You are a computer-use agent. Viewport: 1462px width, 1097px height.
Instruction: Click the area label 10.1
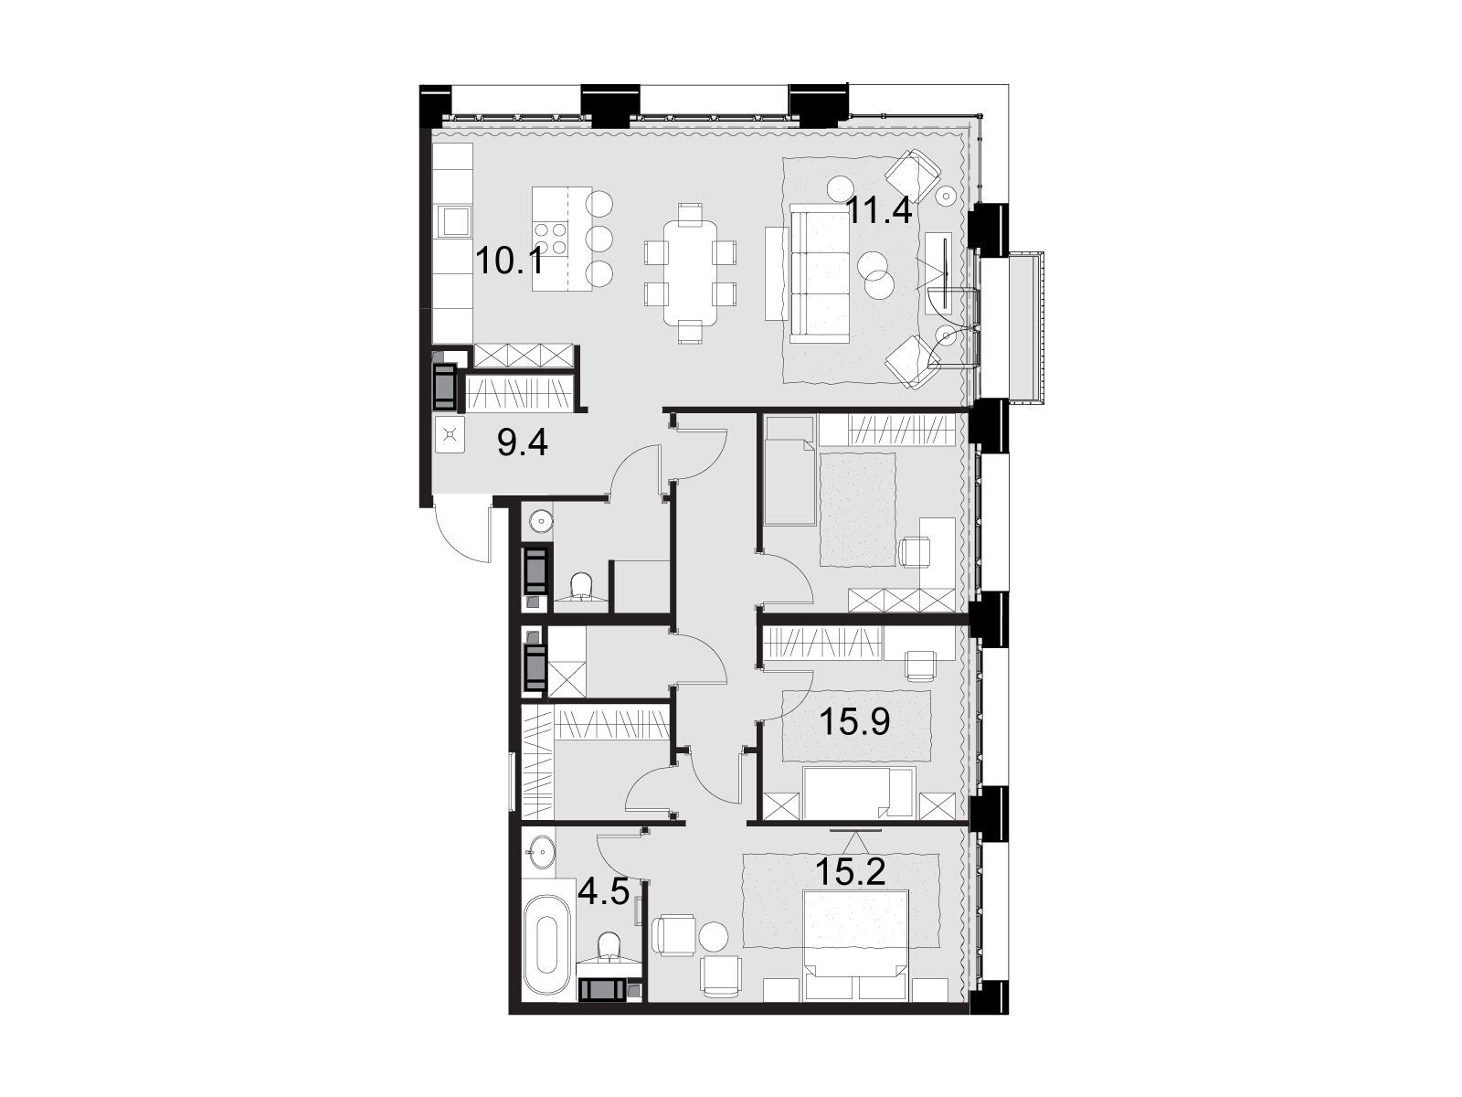510,261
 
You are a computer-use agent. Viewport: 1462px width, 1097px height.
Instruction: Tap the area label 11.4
878,212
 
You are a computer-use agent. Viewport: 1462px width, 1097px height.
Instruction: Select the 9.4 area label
523,443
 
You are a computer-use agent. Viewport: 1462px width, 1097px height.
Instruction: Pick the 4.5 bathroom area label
603,892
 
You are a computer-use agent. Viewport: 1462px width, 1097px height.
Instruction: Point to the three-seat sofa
821,273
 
